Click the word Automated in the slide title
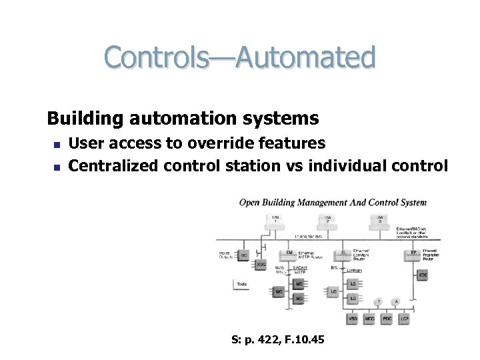coord(313,57)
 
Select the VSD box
coord(353,319)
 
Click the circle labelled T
coord(379,301)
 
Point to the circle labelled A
coord(395,301)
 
